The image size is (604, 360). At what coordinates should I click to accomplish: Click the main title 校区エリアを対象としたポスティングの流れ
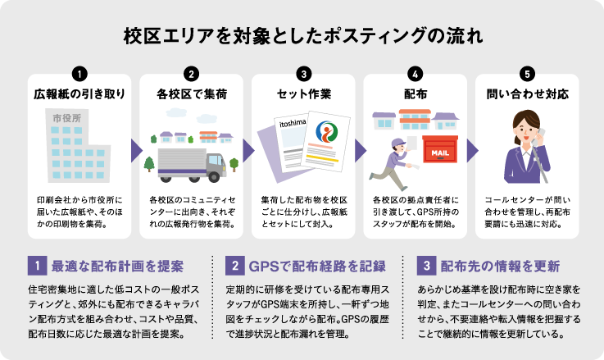(x=302, y=35)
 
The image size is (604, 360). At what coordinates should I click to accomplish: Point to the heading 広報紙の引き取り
(x=79, y=93)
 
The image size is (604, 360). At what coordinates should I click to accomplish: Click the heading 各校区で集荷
(x=191, y=93)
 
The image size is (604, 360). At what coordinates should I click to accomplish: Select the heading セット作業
(x=303, y=93)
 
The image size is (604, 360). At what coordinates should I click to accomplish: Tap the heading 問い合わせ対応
(x=527, y=93)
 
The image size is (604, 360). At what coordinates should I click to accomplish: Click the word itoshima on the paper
(x=293, y=123)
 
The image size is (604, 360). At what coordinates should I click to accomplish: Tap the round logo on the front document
(x=325, y=136)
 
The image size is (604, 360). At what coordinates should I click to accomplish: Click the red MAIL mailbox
(x=438, y=153)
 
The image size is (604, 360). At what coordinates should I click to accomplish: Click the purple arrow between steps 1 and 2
(x=135, y=150)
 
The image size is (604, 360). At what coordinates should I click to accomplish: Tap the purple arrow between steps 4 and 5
(x=472, y=150)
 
